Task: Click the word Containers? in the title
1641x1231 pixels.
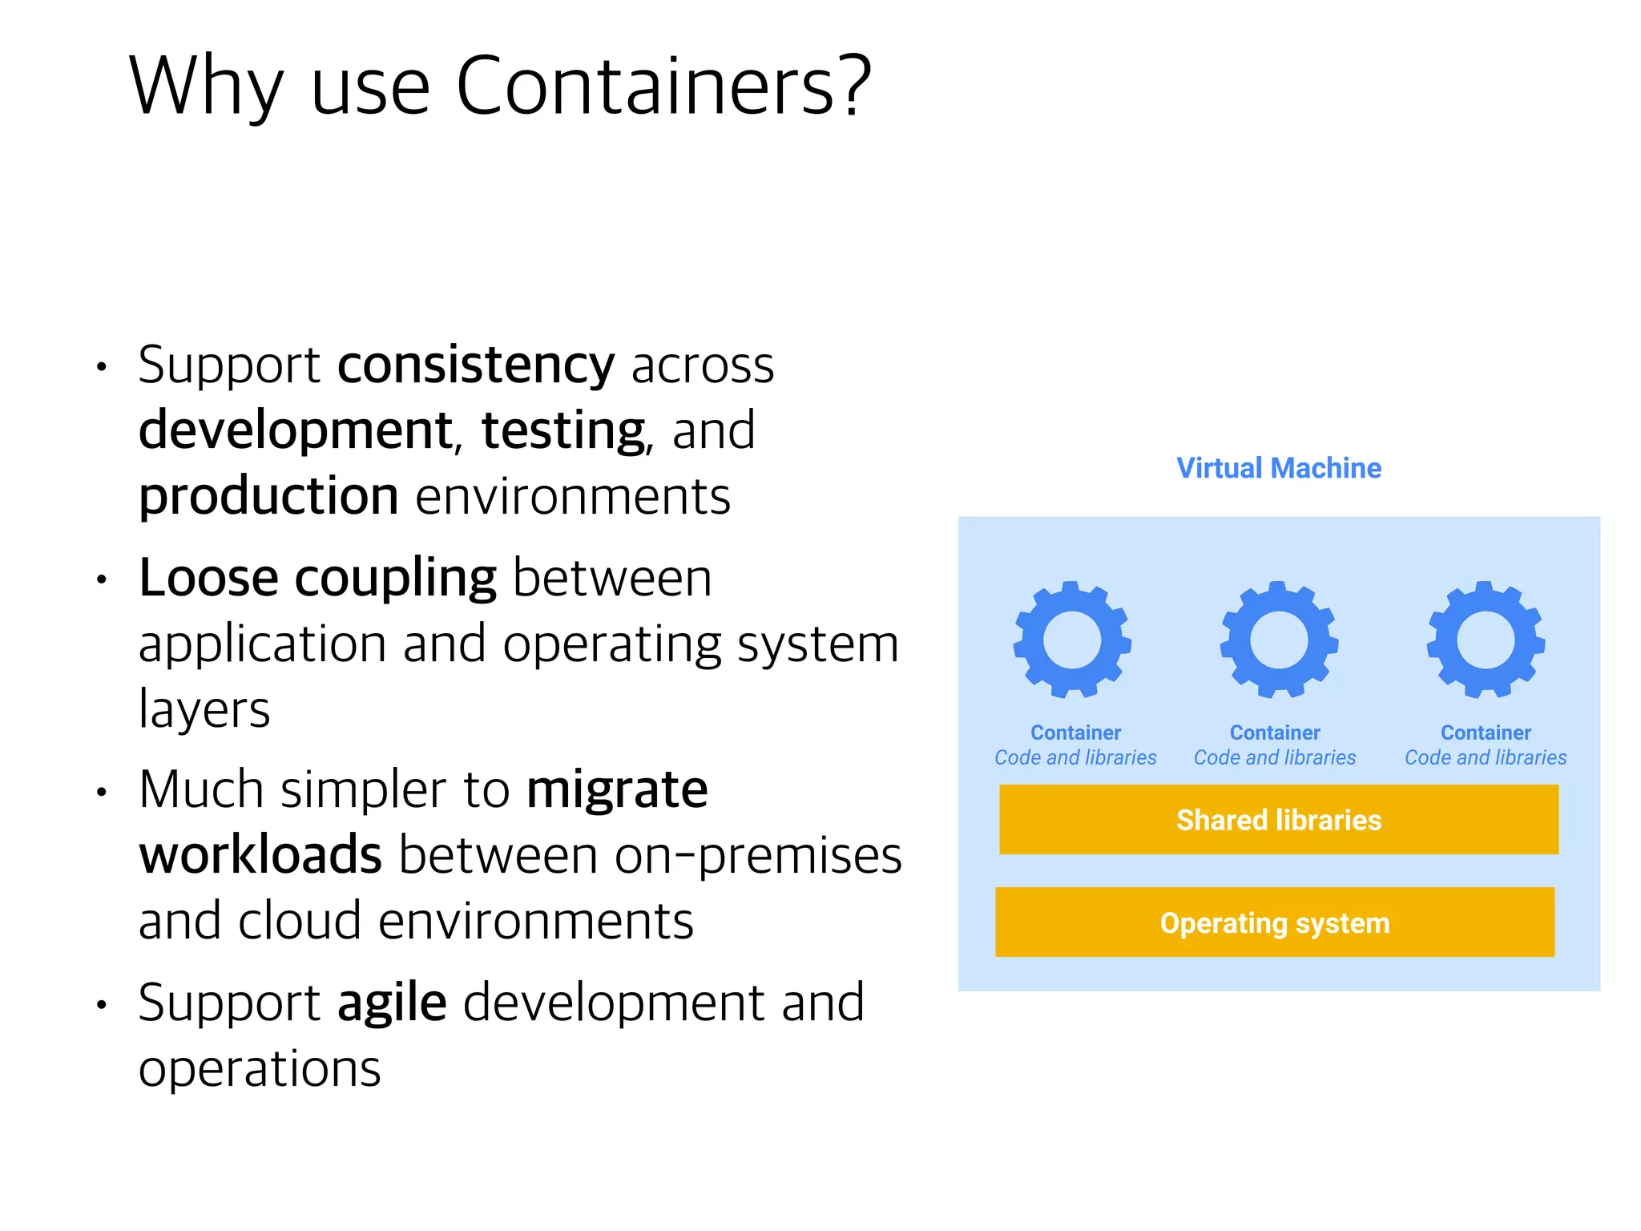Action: pos(663,86)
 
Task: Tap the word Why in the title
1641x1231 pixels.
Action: pos(206,86)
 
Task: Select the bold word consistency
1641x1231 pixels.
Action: pos(476,365)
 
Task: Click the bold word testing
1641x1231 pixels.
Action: pos(562,431)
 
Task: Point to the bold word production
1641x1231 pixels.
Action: pos(268,496)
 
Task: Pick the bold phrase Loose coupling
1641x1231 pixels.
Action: pos(317,578)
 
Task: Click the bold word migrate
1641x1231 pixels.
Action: pos(617,789)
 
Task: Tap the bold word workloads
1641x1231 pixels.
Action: pos(260,855)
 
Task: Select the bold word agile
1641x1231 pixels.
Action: pos(392,1003)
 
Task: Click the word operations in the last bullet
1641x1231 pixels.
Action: pos(260,1068)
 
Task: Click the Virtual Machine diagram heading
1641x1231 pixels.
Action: pos(1279,468)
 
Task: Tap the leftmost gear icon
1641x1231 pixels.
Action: pos(1072,640)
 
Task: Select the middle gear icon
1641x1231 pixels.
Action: pos(1279,640)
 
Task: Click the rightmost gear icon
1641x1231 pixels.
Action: pos(1486,640)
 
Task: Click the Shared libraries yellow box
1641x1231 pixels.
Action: pos(1279,820)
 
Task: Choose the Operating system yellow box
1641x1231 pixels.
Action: pos(1275,922)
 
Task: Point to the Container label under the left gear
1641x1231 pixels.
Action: pos(1075,733)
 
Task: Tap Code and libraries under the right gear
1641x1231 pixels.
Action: pos(1486,757)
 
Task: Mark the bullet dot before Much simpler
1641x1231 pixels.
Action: pos(102,793)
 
